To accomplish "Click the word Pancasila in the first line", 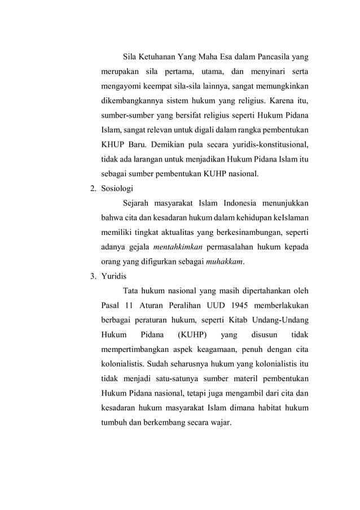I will coord(276,57).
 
